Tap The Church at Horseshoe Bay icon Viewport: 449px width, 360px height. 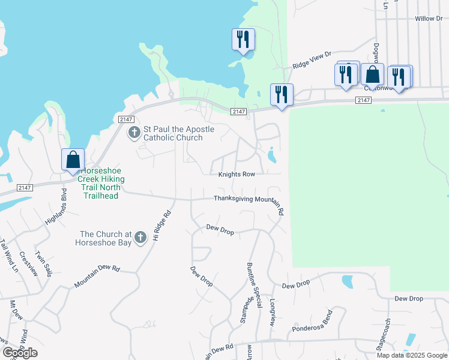[140, 238]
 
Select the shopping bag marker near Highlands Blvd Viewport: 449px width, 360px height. [73, 160]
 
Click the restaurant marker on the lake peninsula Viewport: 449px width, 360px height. [243, 40]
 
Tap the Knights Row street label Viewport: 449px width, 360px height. [237, 174]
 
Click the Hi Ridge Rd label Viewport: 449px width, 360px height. [162, 226]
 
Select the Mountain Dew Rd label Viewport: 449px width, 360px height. [97, 277]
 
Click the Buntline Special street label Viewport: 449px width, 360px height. [255, 284]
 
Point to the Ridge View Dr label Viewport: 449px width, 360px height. [312, 60]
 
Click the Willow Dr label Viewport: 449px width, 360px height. [428, 19]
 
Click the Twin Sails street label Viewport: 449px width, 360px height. [43, 264]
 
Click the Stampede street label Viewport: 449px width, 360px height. [245, 310]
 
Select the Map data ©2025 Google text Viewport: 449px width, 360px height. [412, 355]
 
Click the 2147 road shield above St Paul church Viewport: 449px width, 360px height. [125, 119]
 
